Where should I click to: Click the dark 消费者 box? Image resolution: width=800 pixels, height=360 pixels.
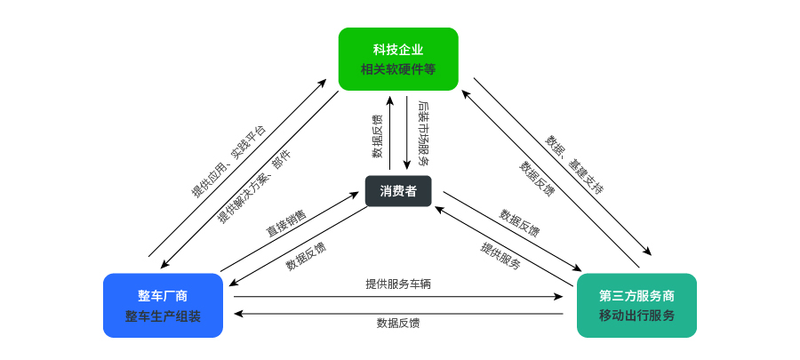(x=398, y=191)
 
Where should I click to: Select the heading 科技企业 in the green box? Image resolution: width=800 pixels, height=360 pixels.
(x=398, y=49)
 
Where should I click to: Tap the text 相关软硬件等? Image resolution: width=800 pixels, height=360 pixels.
(x=398, y=69)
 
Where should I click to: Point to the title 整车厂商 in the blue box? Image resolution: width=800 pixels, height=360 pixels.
(x=163, y=295)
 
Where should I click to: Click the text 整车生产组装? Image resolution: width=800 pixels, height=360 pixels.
(x=163, y=316)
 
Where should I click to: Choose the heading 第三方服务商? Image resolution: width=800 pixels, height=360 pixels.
(x=636, y=295)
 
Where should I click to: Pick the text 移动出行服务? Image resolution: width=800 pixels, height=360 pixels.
(x=636, y=316)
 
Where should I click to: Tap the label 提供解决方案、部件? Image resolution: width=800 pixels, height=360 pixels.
(x=254, y=188)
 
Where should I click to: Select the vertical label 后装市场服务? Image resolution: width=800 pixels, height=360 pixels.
(x=420, y=132)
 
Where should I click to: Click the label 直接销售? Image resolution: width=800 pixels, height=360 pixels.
(x=285, y=222)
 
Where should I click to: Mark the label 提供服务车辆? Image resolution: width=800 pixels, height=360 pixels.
(x=398, y=284)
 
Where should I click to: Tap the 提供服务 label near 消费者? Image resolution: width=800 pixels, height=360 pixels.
(x=500, y=255)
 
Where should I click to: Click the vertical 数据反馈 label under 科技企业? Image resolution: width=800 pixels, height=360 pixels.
(x=378, y=136)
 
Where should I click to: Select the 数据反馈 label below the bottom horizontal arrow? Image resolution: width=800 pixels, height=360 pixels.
(x=398, y=324)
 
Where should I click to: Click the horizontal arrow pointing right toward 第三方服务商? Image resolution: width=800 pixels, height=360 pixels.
(x=398, y=297)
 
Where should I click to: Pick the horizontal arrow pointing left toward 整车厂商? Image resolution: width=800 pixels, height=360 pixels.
(x=398, y=313)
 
